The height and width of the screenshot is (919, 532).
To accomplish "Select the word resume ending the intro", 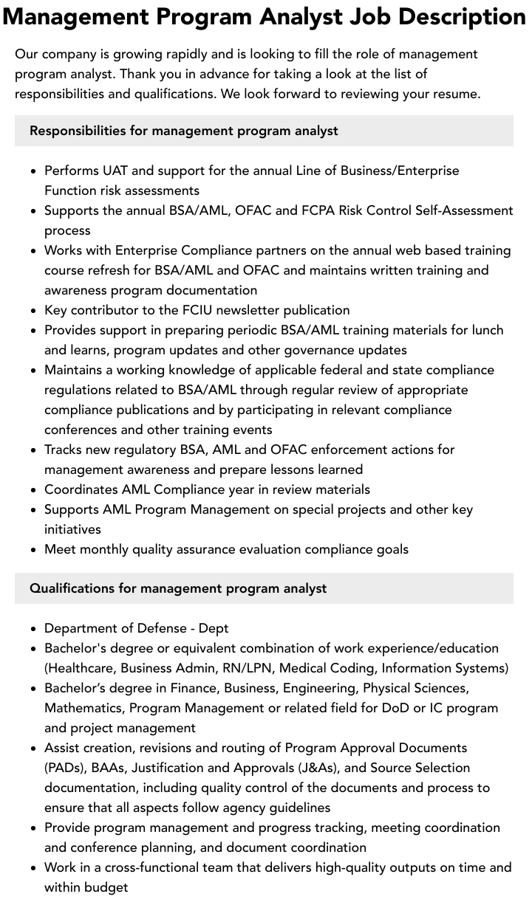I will [x=457, y=94].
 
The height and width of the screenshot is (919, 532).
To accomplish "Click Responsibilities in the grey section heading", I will [x=78, y=131].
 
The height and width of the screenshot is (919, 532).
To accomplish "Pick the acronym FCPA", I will [x=318, y=210].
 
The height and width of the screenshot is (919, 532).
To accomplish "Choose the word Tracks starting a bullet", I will [x=63, y=450].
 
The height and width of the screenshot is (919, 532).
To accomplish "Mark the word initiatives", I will [x=72, y=529].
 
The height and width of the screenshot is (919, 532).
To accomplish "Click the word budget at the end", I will [x=106, y=887].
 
